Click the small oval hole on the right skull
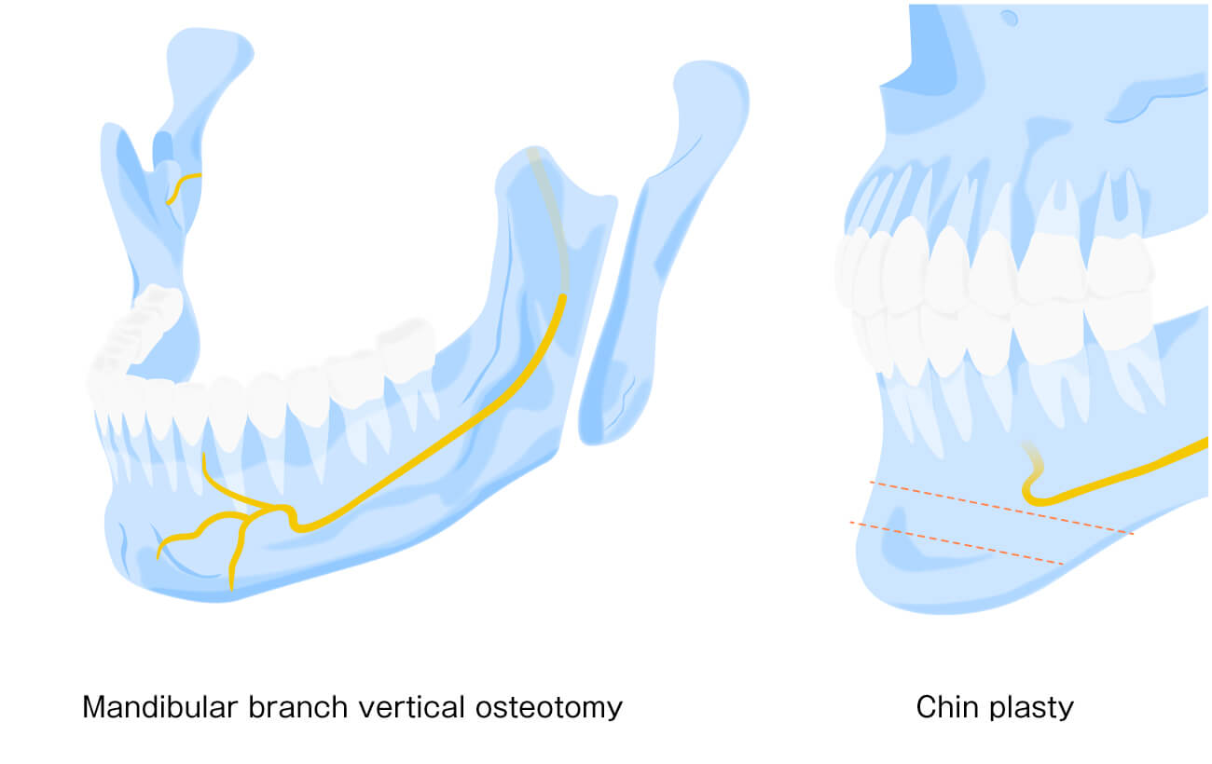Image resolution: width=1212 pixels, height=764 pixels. [x=1009, y=17]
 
